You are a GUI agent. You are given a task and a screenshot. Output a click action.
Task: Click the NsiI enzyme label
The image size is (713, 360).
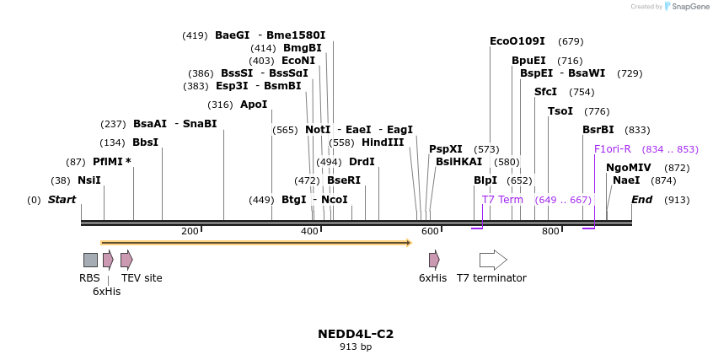[x=88, y=180]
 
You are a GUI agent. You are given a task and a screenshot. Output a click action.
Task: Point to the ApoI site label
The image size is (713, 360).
[x=253, y=105]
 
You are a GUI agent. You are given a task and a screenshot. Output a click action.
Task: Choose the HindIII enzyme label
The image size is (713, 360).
[x=383, y=142]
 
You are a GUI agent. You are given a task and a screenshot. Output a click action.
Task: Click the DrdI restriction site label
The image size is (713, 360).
[x=362, y=161]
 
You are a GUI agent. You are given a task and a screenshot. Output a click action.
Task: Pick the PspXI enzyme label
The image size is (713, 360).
[x=445, y=148]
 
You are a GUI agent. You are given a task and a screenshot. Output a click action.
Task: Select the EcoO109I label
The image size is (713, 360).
[x=517, y=41]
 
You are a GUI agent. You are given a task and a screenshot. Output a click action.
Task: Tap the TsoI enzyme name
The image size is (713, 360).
[x=560, y=111]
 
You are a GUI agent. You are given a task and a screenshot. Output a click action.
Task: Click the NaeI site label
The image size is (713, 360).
[x=626, y=180]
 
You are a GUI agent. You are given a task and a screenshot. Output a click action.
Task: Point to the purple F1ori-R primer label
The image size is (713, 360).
[x=612, y=149]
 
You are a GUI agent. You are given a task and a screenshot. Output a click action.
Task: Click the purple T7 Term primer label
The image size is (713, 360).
[x=502, y=200]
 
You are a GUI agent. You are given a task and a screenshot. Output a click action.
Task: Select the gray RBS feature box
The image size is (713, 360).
[x=90, y=260]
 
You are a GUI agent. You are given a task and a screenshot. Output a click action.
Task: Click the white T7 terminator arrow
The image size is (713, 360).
[x=493, y=260]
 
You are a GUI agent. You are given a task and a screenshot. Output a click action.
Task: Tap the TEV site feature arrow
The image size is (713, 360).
[x=126, y=260]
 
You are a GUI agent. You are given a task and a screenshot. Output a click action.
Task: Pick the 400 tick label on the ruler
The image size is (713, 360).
[x=310, y=231]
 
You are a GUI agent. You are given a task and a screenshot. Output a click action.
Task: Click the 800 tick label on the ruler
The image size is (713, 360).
[x=550, y=231]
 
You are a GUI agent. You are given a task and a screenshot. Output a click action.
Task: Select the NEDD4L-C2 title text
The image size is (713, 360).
[x=356, y=334]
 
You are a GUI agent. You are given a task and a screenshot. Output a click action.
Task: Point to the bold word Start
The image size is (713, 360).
[x=62, y=200]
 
